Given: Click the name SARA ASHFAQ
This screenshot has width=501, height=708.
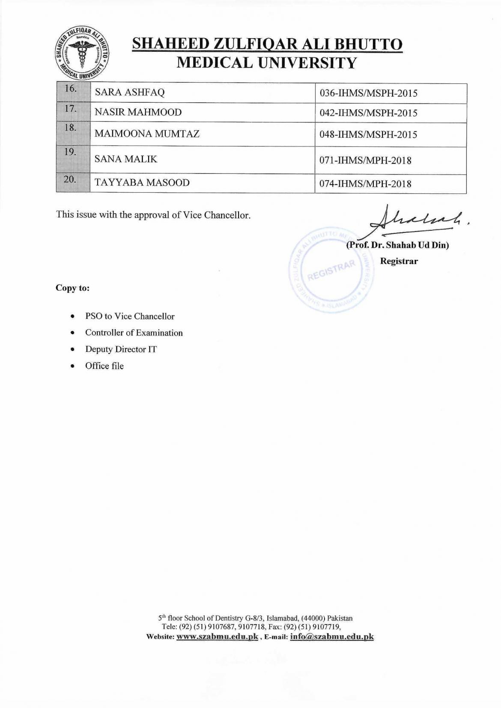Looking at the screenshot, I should pyautogui.click(x=129, y=92).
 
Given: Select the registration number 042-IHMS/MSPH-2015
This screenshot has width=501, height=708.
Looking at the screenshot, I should pyautogui.click(x=368, y=113).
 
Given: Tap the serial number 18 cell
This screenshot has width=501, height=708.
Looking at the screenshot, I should pyautogui.click(x=73, y=134).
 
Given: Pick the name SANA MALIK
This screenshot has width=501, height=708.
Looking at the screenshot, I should pyautogui.click(x=126, y=159).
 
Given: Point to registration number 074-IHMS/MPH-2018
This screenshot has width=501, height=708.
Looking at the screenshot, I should pyautogui.click(x=365, y=184).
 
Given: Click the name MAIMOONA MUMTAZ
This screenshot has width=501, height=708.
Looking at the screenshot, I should pyautogui.click(x=147, y=134).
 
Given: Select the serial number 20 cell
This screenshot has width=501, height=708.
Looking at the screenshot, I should pyautogui.click(x=73, y=183).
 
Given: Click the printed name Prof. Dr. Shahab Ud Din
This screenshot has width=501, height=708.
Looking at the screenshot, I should pyautogui.click(x=397, y=246).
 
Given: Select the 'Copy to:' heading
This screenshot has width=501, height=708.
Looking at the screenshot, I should pyautogui.click(x=73, y=288).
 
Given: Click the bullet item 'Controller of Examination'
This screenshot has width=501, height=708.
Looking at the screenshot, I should pyautogui.click(x=134, y=333).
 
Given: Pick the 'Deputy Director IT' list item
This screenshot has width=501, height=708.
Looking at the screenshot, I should pyautogui.click(x=121, y=349).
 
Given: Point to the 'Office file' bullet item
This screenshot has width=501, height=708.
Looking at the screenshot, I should pyautogui.click(x=104, y=366).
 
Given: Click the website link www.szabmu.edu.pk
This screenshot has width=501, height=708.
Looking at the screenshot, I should pyautogui.click(x=217, y=637).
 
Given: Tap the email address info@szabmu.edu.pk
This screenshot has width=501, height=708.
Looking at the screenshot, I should pyautogui.click(x=332, y=637).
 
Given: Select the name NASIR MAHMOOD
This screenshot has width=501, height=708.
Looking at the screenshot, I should pyautogui.click(x=138, y=113).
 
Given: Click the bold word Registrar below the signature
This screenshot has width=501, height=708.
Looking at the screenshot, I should pyautogui.click(x=399, y=261).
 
